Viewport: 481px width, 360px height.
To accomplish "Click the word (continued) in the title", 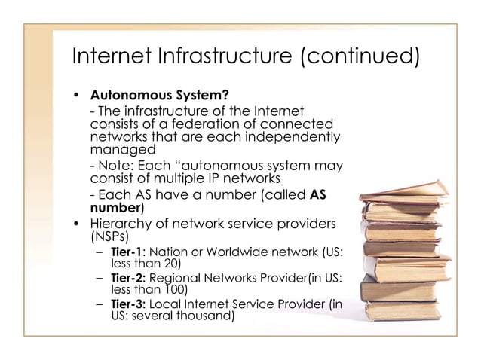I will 358,56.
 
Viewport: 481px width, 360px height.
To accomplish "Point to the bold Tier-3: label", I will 126,304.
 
